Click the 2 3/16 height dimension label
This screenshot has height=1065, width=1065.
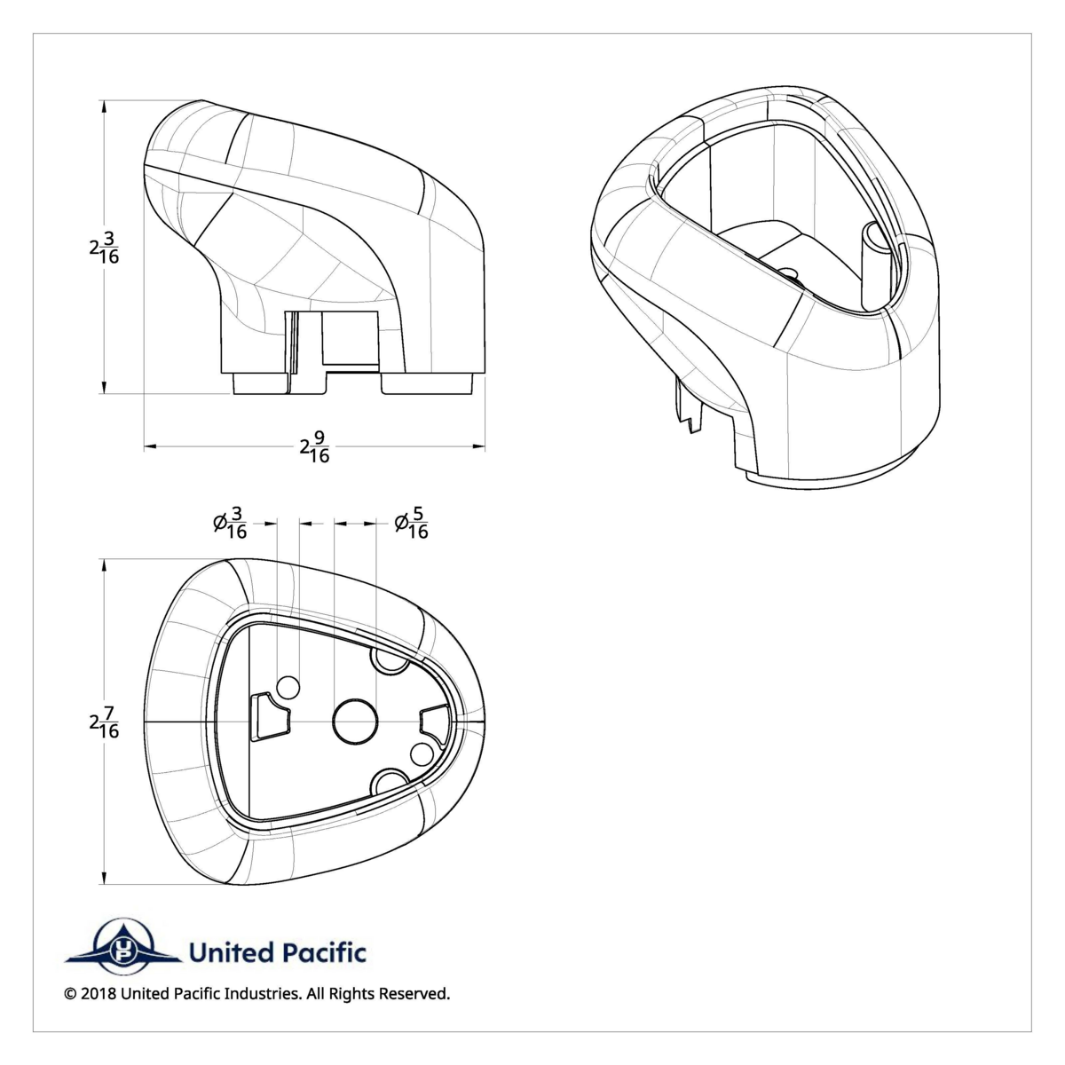[x=104, y=247]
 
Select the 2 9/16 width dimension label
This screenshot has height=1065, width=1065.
[x=315, y=446]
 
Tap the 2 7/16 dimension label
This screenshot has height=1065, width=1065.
[x=104, y=722]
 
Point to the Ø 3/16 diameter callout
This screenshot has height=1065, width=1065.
[x=230, y=523]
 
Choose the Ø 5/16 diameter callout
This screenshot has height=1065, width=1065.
[x=411, y=523]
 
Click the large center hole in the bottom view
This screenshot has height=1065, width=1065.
[x=355, y=722]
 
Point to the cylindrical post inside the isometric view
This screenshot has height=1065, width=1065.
[x=876, y=265]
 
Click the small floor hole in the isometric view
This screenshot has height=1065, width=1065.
[x=789, y=274]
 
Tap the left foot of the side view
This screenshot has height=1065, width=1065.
[x=261, y=383]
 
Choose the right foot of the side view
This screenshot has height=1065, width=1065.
[x=428, y=383]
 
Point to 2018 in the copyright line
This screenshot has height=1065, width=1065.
[x=99, y=1009]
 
